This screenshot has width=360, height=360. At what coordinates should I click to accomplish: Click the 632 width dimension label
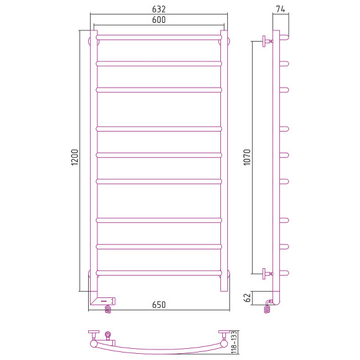tap(159, 9)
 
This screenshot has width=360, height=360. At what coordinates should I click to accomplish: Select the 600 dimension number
tap(159, 20)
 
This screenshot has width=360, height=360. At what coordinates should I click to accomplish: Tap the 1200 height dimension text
tap(74, 157)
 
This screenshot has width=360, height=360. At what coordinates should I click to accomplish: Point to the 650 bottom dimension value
tap(159, 305)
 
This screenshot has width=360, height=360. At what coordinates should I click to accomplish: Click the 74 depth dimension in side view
tap(281, 9)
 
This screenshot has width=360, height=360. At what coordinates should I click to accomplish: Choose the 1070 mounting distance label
tap(247, 157)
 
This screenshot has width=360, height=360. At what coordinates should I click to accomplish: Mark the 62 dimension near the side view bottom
tap(247, 298)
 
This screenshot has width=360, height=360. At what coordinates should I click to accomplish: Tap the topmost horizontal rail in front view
tap(159, 37)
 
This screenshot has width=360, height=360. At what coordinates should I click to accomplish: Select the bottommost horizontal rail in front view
tap(159, 272)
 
